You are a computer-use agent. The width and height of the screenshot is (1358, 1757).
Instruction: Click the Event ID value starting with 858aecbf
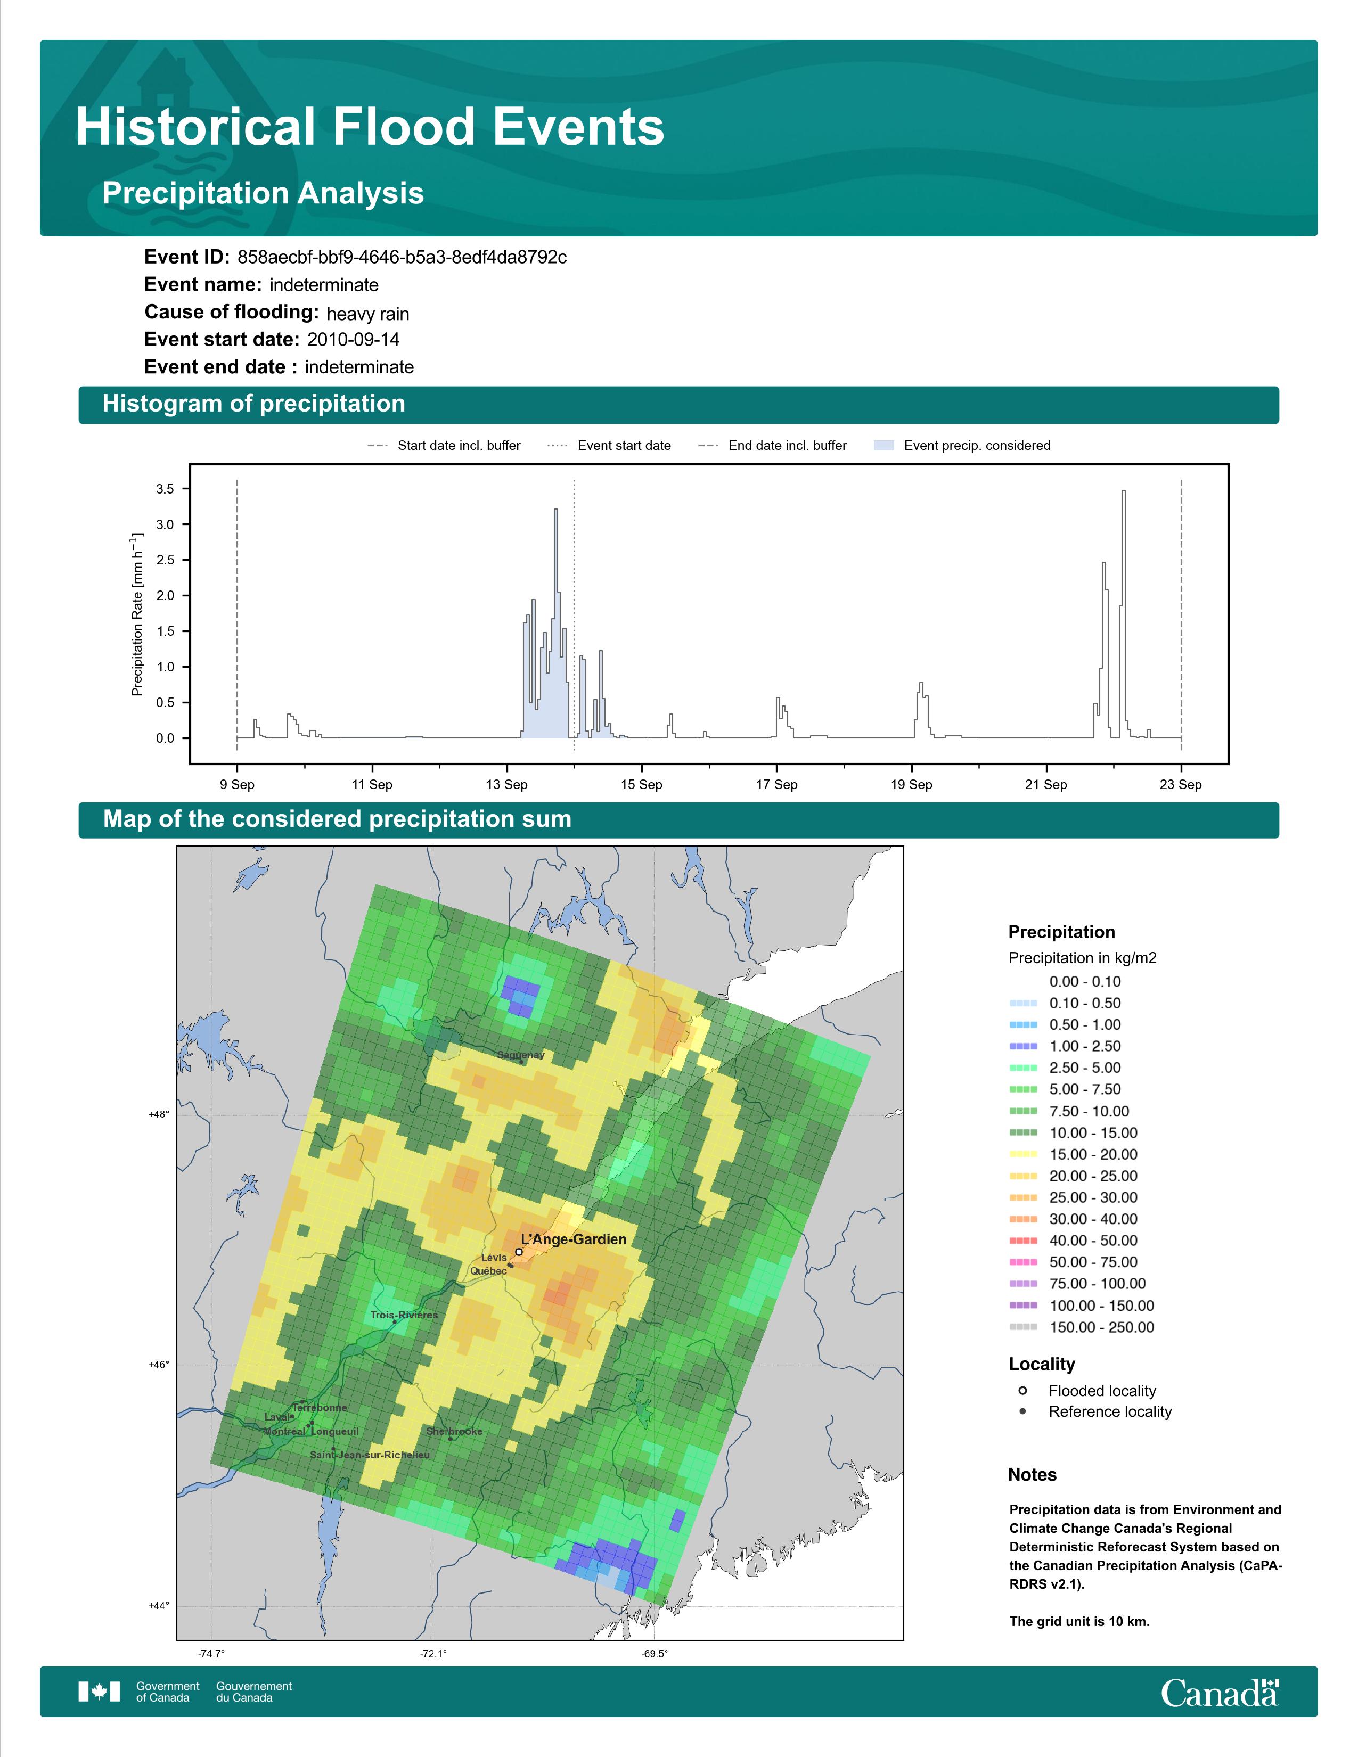pyautogui.click(x=402, y=258)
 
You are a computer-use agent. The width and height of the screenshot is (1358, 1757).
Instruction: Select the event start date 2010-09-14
pyautogui.click(x=353, y=340)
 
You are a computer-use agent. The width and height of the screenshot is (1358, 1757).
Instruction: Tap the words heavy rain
pyautogui.click(x=367, y=314)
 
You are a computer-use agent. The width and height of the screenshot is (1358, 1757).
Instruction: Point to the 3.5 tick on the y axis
pyautogui.click(x=165, y=489)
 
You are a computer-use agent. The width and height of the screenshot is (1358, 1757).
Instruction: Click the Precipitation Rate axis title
pyautogui.click(x=137, y=614)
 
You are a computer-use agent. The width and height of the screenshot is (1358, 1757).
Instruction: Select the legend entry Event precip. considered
pyautogui.click(x=962, y=446)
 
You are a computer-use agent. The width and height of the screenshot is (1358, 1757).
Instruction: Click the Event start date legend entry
pyautogui.click(x=609, y=446)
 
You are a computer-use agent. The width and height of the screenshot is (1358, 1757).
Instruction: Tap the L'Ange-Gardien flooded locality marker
pyautogui.click(x=519, y=1252)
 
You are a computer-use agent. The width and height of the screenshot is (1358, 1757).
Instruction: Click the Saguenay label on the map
pyautogui.click(x=520, y=1055)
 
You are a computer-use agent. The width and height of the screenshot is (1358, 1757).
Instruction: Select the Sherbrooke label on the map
pyautogui.click(x=455, y=1431)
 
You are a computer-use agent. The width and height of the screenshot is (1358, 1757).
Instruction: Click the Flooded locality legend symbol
pyautogui.click(x=1022, y=1390)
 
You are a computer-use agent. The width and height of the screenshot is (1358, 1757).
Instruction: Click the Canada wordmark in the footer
pyautogui.click(x=1220, y=1692)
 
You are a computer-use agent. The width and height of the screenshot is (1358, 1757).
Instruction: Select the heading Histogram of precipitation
pyautogui.click(x=253, y=404)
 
